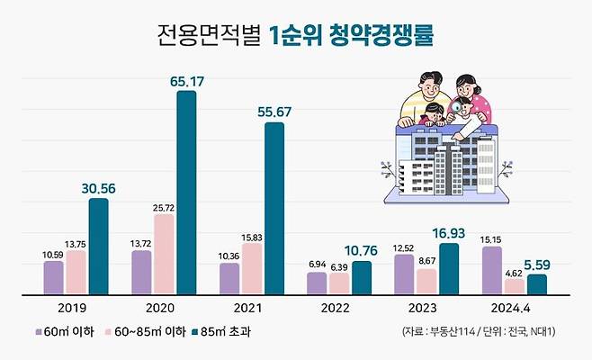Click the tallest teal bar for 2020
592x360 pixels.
coord(186,192)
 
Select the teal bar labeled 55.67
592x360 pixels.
coord(274,208)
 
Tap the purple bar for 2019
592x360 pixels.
coord(54,277)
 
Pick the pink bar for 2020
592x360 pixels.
coord(164,254)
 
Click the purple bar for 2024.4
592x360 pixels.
coord(492,270)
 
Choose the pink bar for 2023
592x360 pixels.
coord(426,281)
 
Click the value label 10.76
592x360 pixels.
coord(361,251)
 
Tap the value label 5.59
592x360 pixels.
coord(537,265)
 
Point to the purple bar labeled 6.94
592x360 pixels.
coord(317,283)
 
